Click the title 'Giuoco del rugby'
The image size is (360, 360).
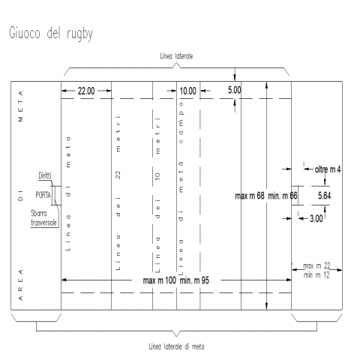click(51, 33)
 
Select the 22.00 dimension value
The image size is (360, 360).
click(86, 91)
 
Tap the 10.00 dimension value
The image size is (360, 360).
click(188, 91)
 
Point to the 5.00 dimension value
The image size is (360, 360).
click(234, 90)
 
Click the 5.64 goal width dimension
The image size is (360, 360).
click(324, 196)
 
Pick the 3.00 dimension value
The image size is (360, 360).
click(316, 219)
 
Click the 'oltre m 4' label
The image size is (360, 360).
click(328, 169)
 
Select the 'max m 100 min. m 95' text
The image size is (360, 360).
click(176, 280)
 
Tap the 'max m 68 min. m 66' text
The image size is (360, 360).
click(266, 196)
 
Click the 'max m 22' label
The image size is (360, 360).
click(316, 265)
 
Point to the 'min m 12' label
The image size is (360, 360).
click(316, 275)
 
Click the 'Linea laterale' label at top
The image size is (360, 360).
click(176, 56)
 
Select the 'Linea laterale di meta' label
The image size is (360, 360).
click(176, 346)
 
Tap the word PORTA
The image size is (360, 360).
click(43, 195)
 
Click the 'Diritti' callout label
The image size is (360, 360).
click(45, 175)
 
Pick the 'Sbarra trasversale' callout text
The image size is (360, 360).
click(43, 218)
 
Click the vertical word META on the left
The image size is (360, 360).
click(20, 106)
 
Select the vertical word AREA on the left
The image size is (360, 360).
click(20, 285)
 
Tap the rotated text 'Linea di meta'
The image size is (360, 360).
click(67, 193)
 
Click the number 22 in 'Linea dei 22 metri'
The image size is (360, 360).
click(118, 175)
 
